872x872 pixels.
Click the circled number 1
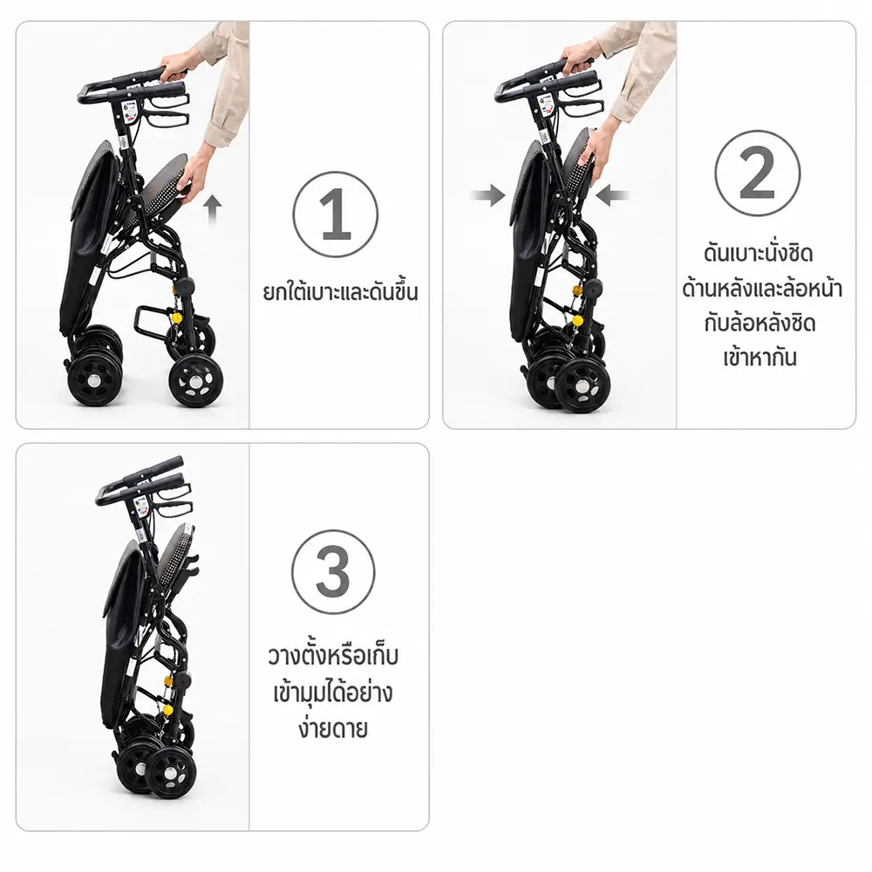[336, 215]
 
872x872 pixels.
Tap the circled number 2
[758, 173]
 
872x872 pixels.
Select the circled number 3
[333, 572]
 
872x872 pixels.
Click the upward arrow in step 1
[212, 208]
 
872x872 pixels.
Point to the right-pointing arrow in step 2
[487, 195]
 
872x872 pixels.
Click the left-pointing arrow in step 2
[612, 195]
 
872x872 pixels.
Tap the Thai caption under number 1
[340, 292]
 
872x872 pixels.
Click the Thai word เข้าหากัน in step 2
[760, 357]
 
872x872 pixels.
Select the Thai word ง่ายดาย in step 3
[333, 728]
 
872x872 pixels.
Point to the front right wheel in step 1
[196, 381]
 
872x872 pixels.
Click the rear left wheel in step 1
[94, 380]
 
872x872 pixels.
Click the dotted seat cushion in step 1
[164, 187]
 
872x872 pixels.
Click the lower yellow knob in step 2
[578, 320]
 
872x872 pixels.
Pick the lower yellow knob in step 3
[167, 709]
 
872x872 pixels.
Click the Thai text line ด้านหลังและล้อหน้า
[762, 289]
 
